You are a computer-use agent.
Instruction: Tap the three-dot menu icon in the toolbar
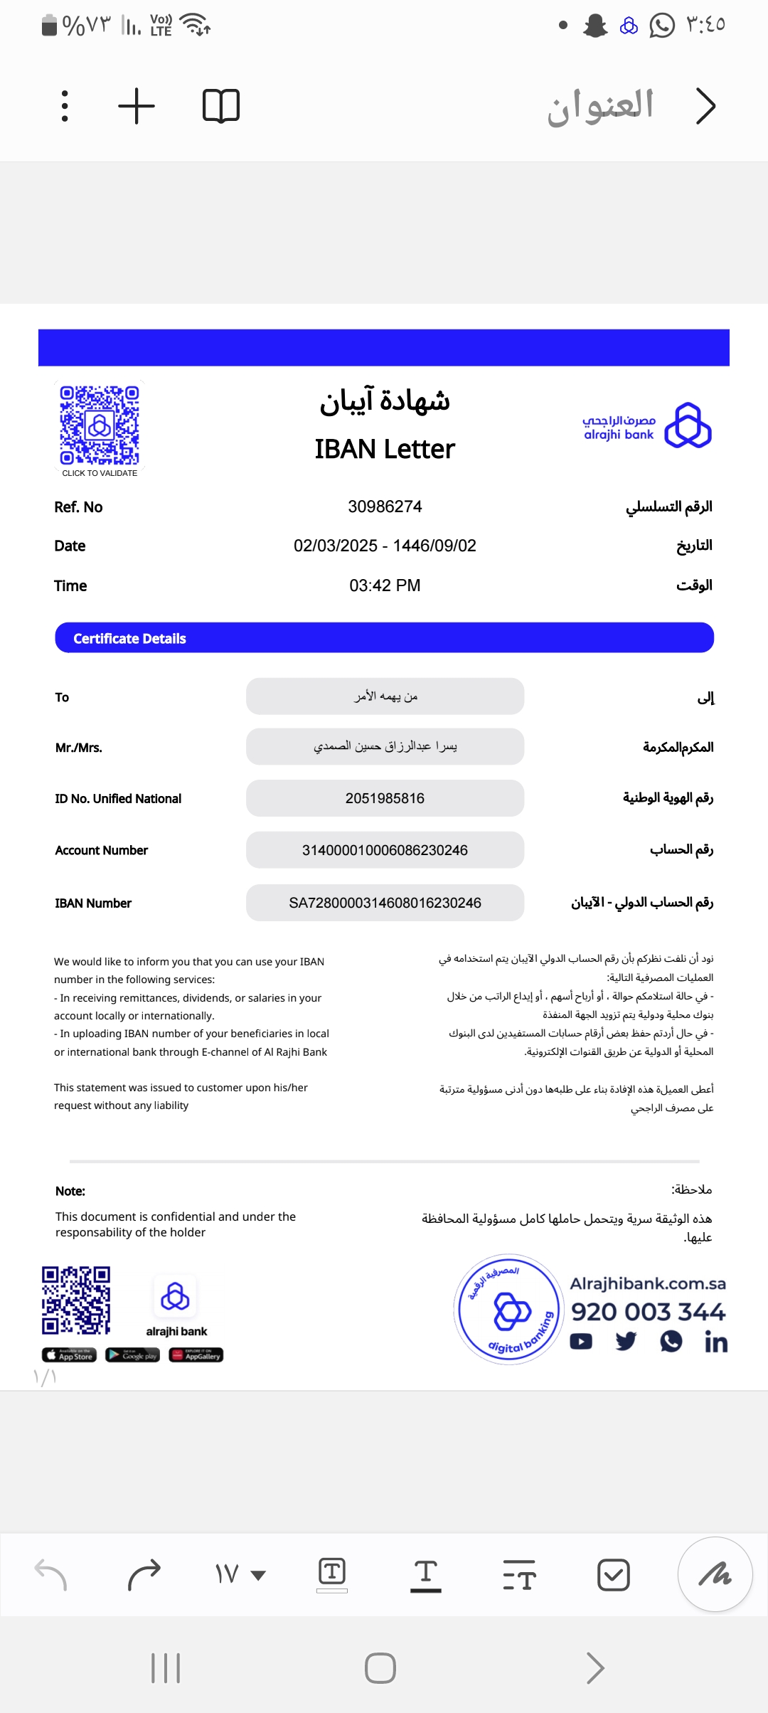(x=65, y=106)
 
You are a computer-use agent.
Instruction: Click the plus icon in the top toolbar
(x=137, y=106)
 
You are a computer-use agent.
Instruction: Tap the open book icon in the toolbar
(x=221, y=106)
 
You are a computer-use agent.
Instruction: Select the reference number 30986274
(x=385, y=507)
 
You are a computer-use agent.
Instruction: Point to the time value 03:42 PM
(x=385, y=585)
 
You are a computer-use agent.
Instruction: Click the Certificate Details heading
(x=129, y=638)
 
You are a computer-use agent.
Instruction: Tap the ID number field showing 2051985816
(x=385, y=798)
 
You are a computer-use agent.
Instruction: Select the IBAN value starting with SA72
(x=385, y=903)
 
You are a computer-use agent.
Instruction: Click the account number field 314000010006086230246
(x=385, y=850)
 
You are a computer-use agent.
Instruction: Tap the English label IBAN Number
(x=93, y=903)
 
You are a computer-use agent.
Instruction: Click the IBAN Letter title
(x=385, y=449)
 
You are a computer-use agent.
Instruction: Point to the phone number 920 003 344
(x=648, y=1311)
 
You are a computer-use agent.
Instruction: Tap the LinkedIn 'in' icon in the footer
(x=715, y=1342)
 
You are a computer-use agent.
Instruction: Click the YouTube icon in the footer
(x=581, y=1342)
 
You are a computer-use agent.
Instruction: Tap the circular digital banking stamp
(x=509, y=1309)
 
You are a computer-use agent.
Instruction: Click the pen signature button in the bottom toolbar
(x=715, y=1574)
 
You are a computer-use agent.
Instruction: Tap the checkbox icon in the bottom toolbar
(x=613, y=1574)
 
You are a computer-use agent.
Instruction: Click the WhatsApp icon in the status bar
(x=662, y=26)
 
